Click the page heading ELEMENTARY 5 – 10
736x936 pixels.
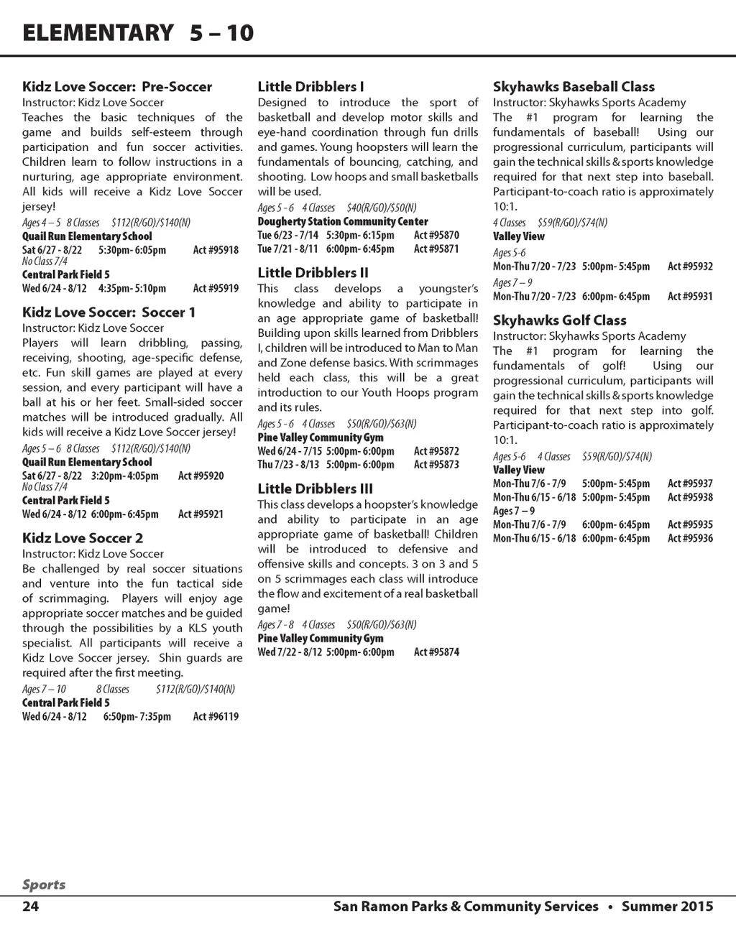point(138,33)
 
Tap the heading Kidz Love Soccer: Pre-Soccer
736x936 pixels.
point(117,87)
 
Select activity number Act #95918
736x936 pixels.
point(216,250)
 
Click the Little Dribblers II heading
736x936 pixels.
point(313,273)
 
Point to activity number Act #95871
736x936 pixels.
point(436,249)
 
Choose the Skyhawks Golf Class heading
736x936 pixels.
point(559,320)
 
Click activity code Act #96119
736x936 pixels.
point(216,716)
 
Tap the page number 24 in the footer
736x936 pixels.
point(30,906)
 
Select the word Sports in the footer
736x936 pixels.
point(43,885)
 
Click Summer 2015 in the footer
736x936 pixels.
point(667,906)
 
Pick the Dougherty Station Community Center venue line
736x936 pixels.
point(343,221)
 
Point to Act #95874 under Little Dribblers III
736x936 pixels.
point(436,652)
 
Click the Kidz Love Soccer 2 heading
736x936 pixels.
point(83,538)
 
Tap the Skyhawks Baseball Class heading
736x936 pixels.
point(574,87)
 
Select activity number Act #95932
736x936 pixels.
point(690,267)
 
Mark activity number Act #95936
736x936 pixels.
point(690,538)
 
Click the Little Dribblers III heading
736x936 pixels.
point(315,489)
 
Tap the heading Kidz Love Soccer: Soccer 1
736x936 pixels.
point(109,312)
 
